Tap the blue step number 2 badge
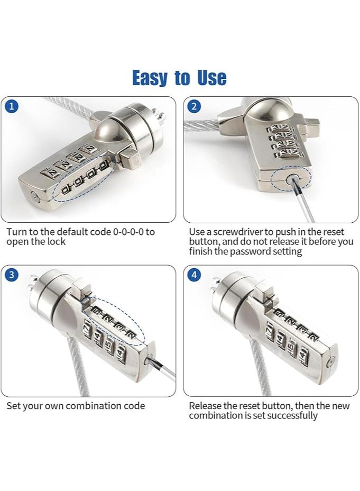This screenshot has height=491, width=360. (x=195, y=106)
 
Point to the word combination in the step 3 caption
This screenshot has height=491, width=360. (x=91, y=406)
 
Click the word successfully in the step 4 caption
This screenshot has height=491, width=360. (x=292, y=415)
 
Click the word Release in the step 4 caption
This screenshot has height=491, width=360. (x=205, y=406)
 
